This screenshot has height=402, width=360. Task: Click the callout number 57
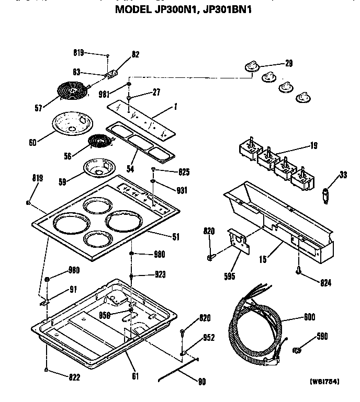tap(38, 109)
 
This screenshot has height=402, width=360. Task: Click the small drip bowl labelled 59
tap(99, 168)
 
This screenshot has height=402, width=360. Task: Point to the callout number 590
tap(322, 337)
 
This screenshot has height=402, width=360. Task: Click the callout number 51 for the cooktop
tap(175, 237)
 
